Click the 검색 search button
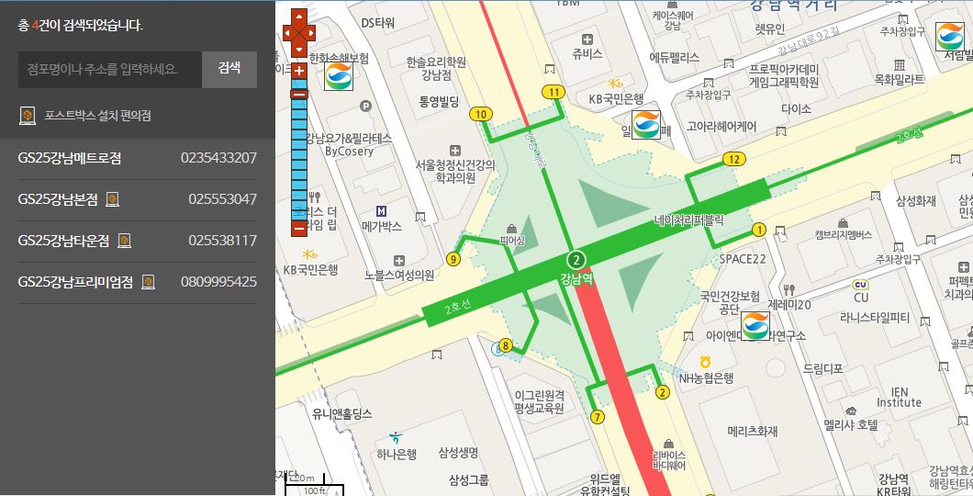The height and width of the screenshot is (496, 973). (229, 69)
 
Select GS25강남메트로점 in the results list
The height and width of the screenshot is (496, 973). (70, 158)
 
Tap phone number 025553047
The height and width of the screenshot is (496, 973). (222, 199)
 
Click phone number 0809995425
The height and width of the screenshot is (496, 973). (218, 282)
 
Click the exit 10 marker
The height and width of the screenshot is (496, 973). (480, 114)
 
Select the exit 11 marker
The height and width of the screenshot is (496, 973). (553, 92)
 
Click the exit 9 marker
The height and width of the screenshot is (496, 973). (453, 259)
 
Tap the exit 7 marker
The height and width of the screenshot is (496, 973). (598, 417)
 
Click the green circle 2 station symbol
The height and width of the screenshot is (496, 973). (576, 258)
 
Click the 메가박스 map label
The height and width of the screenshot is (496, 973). (382, 226)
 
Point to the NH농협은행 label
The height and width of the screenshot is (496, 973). (706, 378)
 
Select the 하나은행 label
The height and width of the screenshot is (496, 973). (397, 453)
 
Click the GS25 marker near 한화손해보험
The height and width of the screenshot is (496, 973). (339, 75)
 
